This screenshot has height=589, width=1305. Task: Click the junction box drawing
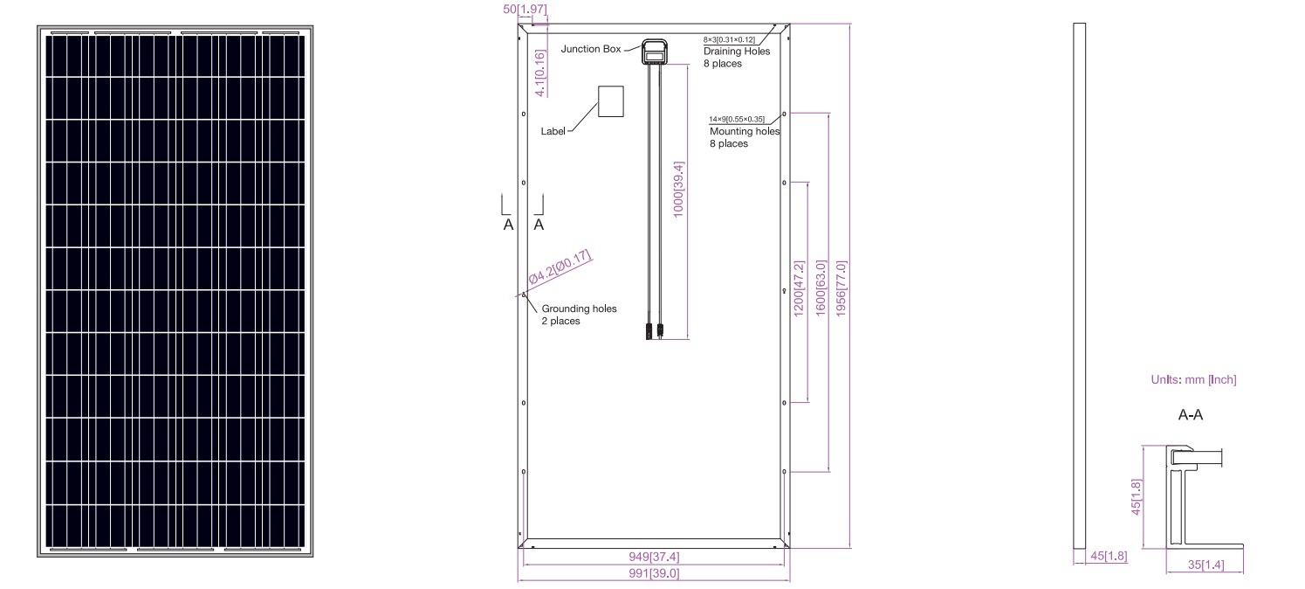(x=655, y=52)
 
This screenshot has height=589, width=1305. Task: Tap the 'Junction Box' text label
(x=591, y=49)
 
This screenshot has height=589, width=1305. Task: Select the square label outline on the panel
(x=610, y=101)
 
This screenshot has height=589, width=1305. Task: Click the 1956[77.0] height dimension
(x=841, y=288)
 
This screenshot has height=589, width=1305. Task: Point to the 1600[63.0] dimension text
(x=821, y=288)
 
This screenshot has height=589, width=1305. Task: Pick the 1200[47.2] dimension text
(x=799, y=288)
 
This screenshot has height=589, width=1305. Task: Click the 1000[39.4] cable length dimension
(x=678, y=190)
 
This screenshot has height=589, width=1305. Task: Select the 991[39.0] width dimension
(x=654, y=573)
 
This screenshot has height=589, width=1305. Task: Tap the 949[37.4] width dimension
(x=654, y=557)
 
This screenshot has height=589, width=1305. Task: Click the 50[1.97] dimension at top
(x=525, y=10)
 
